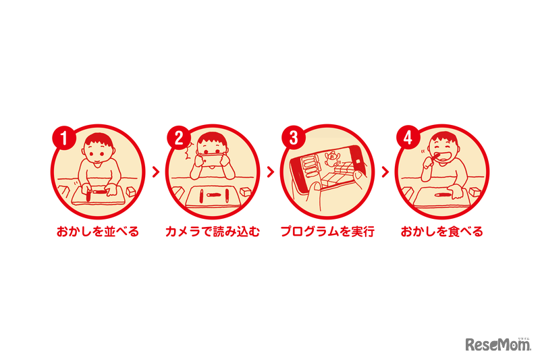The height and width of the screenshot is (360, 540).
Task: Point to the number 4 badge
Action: [x=407, y=138]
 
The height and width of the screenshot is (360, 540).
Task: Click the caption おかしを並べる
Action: [x=98, y=232]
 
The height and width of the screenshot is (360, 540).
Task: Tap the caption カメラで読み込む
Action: [x=212, y=232]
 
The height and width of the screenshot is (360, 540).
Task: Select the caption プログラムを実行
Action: [x=327, y=232]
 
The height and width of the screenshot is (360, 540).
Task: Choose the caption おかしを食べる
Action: [x=441, y=232]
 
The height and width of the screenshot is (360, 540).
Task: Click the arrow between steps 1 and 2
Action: [x=155, y=172]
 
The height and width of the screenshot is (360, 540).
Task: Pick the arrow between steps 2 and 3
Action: [x=270, y=172]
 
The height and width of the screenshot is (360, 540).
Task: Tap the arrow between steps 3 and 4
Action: [x=385, y=172]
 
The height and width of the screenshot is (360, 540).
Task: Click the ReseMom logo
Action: [x=497, y=344]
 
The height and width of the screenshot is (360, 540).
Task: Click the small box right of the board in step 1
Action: [x=131, y=192]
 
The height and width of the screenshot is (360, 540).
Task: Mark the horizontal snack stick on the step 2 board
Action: [x=213, y=195]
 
